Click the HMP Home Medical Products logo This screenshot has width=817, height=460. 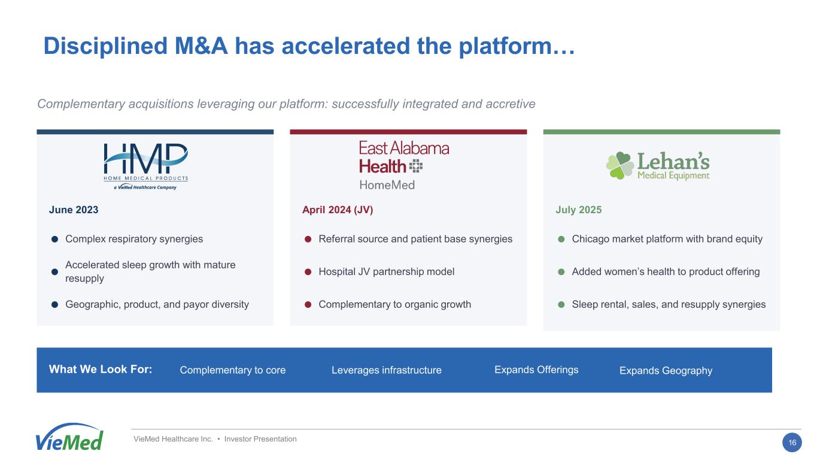coord(145,167)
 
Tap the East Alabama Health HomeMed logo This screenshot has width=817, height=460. coord(404,166)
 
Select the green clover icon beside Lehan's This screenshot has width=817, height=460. coord(619,165)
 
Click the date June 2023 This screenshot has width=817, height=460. coord(74,210)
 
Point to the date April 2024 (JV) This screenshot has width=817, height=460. coord(338,210)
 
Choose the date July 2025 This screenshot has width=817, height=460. coord(578,210)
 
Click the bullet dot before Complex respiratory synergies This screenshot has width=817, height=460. coord(54,239)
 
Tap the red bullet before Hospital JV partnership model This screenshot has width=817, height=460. coord(308,272)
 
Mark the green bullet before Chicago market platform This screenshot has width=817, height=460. coord(561,239)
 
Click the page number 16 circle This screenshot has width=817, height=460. coord(792,443)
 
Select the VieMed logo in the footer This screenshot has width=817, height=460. coord(69,437)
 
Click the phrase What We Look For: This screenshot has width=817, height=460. coord(101,370)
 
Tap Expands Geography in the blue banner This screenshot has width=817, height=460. coord(666,371)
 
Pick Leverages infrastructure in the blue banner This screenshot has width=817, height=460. coord(386,370)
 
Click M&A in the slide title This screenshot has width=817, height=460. coord(201,46)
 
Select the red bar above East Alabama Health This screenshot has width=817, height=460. coord(408,132)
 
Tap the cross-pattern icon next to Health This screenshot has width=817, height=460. coord(416,167)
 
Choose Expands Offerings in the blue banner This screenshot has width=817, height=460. coord(536,370)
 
